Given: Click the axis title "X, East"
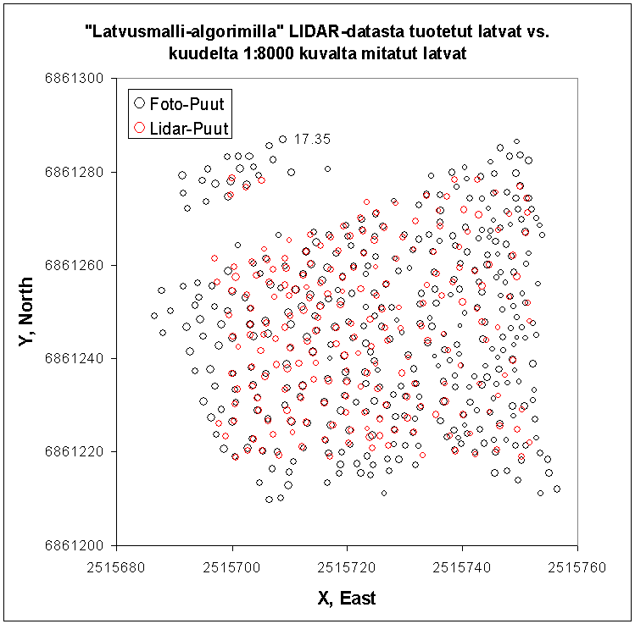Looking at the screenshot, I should (x=347, y=599).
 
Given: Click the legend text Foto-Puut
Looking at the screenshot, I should (x=187, y=104).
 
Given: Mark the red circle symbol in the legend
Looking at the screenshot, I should (x=139, y=129).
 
